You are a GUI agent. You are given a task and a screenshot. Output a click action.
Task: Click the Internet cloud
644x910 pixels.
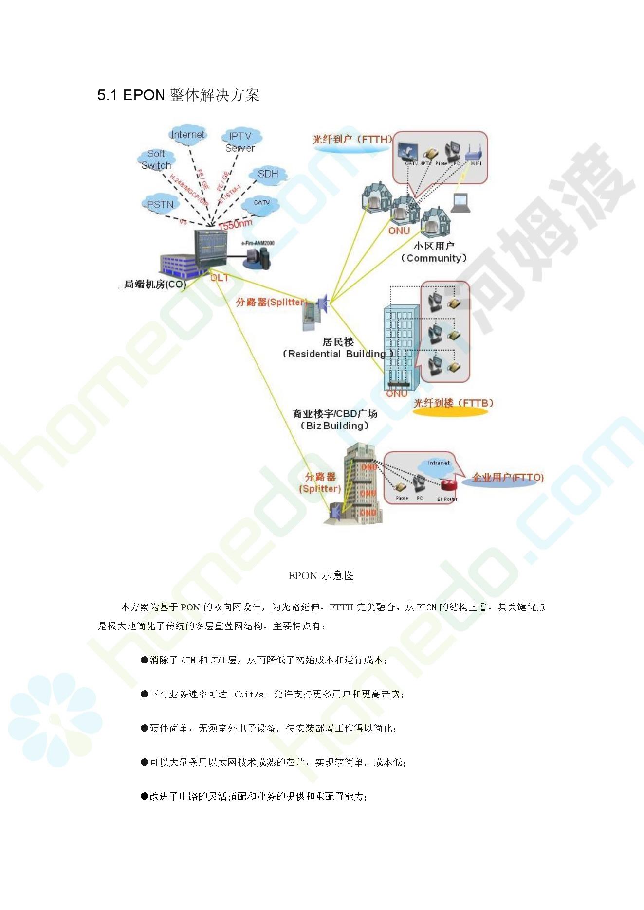coord(188,135)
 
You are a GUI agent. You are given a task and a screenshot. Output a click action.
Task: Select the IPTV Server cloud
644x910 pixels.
coord(240,142)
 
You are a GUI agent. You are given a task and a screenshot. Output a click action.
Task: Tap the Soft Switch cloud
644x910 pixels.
coord(156,160)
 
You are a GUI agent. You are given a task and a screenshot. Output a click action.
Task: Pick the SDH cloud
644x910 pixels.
coord(268,174)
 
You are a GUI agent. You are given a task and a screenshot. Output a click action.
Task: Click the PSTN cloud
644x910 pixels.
coord(160,205)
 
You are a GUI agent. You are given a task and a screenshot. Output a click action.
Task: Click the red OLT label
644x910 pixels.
coord(220,278)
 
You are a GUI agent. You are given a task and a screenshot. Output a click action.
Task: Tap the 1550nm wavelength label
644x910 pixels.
coord(236,224)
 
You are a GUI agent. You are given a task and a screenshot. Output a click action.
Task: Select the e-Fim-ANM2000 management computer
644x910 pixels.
coord(258,257)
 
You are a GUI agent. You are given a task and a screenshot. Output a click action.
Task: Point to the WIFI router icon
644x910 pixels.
coord(473,153)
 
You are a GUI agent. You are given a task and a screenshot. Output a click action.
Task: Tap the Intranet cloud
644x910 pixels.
coord(438,464)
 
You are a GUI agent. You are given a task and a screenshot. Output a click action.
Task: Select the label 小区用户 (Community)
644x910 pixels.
coord(434,252)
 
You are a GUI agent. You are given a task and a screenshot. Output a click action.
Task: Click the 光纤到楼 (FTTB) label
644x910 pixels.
coord(453,403)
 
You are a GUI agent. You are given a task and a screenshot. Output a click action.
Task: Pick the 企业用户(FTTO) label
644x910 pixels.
coord(508,477)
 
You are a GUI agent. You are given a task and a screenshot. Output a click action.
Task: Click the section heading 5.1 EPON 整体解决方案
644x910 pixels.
coord(178,95)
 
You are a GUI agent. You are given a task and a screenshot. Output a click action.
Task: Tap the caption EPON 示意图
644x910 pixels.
coord(321,576)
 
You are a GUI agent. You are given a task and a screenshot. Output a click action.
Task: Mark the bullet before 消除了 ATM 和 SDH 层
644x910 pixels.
coord(145,660)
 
